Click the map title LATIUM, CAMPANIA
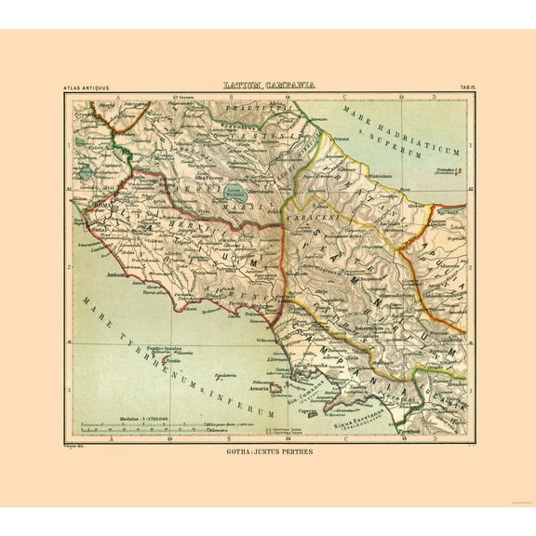pyautogui.click(x=268, y=85)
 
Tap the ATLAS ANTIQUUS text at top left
pyautogui.click(x=86, y=87)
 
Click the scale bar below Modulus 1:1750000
pyautogui.click(x=149, y=429)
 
